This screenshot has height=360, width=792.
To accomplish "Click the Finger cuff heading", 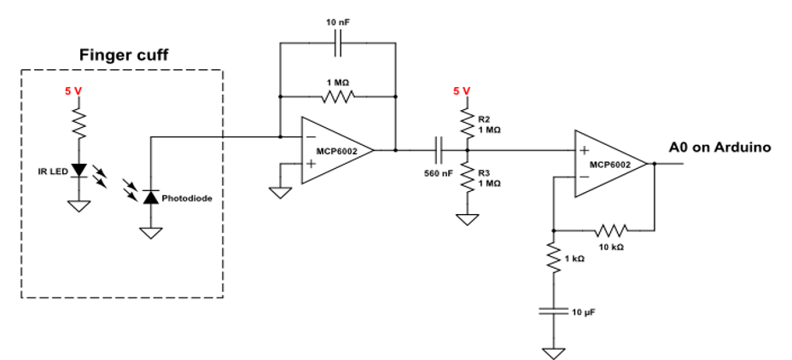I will [x=125, y=55].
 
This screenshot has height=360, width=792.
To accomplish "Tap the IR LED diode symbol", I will [x=80, y=171].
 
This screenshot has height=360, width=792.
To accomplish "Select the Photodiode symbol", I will [x=150, y=198].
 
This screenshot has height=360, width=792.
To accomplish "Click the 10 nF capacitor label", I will [x=340, y=20].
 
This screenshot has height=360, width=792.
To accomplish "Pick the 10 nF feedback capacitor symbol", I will [x=340, y=43].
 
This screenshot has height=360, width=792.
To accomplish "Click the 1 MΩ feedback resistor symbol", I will [x=338, y=96].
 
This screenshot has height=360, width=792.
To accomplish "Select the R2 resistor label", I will [x=485, y=119].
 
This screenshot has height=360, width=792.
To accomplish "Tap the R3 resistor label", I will [x=485, y=172].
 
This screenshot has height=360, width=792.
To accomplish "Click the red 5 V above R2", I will [x=462, y=90].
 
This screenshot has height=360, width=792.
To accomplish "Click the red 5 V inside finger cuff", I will [x=74, y=90].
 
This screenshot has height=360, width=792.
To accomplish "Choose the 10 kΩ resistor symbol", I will [x=611, y=229].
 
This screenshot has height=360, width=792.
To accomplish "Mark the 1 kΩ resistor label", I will [x=574, y=258].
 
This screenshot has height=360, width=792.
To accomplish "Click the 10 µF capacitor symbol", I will [x=554, y=312].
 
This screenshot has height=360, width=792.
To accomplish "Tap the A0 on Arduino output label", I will [x=719, y=148].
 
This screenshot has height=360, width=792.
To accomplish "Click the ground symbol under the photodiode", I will [x=150, y=233].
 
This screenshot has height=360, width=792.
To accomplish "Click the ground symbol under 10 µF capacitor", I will [x=554, y=351].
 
